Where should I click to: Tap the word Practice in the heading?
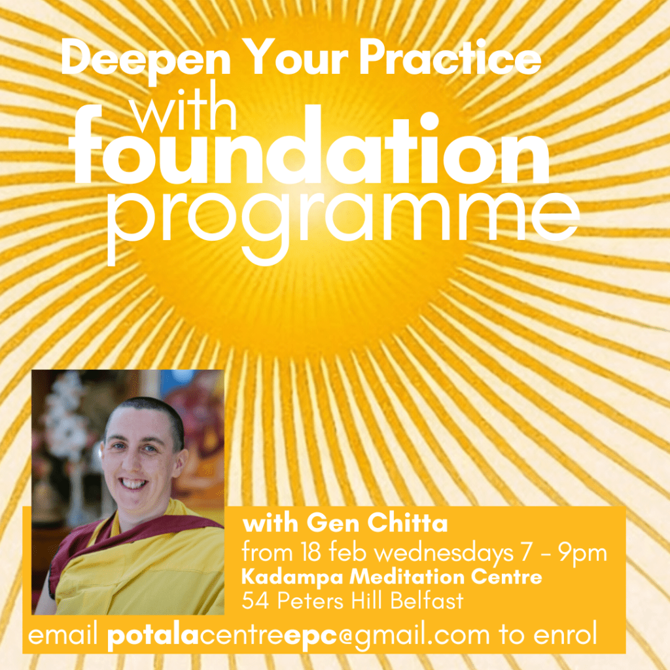coord(450,58)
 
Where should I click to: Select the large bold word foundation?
coord(311,146)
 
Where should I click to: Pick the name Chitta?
coord(408,523)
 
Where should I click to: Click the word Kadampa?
coord(292,578)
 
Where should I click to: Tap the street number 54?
coord(255,601)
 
